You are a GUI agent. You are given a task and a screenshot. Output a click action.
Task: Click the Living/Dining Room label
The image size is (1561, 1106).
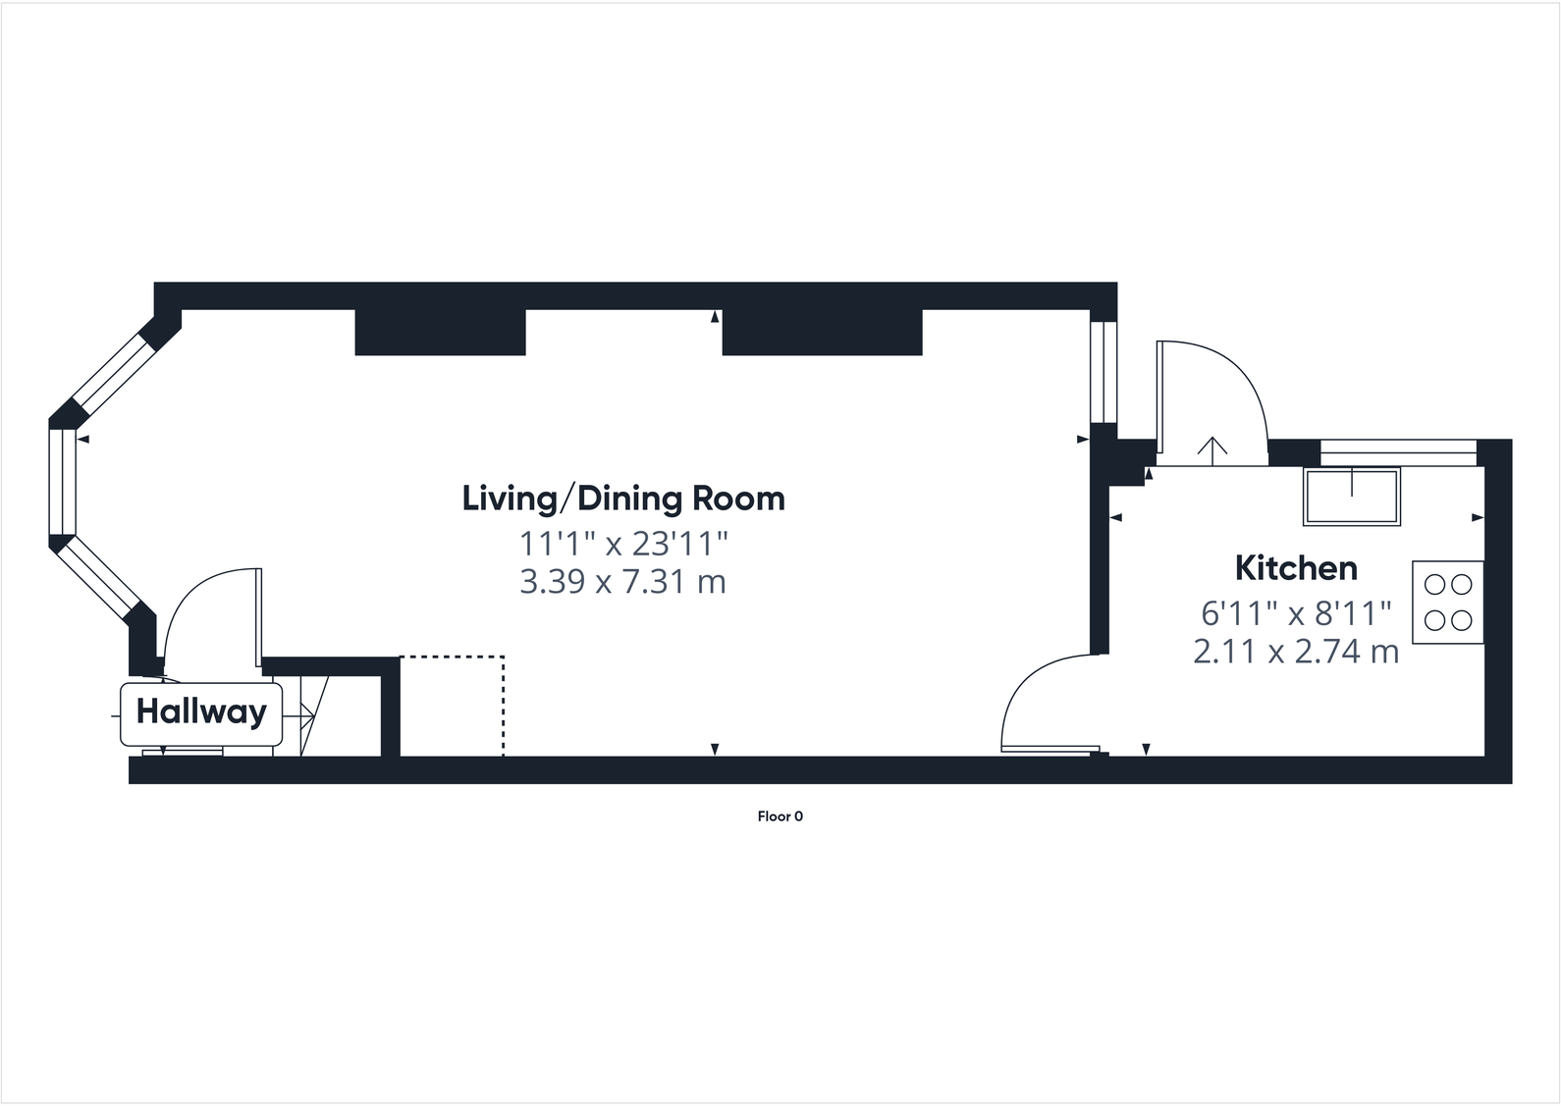point(623,499)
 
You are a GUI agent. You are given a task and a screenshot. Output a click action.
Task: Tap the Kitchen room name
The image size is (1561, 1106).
point(1296,568)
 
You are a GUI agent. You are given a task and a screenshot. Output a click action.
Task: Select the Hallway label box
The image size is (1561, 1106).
point(201,711)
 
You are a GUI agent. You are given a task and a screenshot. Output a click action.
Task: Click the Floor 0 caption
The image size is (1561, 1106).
point(780,816)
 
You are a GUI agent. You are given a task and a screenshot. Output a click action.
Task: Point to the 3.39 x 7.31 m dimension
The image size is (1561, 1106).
point(622,582)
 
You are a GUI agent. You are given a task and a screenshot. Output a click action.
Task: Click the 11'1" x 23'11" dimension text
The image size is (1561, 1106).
point(623,542)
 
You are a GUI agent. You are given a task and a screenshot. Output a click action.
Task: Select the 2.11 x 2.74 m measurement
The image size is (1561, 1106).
point(1296,652)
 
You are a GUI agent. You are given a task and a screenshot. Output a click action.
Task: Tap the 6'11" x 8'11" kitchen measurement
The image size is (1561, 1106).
point(1296,613)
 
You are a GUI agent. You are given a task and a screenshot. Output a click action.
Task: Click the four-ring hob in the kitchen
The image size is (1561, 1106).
point(1448,603)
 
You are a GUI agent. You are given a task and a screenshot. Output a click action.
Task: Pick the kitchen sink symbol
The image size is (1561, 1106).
point(1352,497)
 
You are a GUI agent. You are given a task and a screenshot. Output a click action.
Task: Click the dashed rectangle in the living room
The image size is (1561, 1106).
point(452,706)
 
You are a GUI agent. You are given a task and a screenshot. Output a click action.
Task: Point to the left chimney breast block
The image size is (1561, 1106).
point(440,333)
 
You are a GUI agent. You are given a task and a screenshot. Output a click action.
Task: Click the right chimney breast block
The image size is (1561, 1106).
point(822,333)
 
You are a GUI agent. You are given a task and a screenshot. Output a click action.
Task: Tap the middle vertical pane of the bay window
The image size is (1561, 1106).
point(62,482)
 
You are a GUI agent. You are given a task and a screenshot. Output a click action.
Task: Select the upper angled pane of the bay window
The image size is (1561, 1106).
point(112,371)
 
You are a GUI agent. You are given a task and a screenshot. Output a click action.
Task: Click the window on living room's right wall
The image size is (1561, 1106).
point(1103,372)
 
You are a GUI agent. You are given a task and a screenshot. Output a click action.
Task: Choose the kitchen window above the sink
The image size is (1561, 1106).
point(1397,452)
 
